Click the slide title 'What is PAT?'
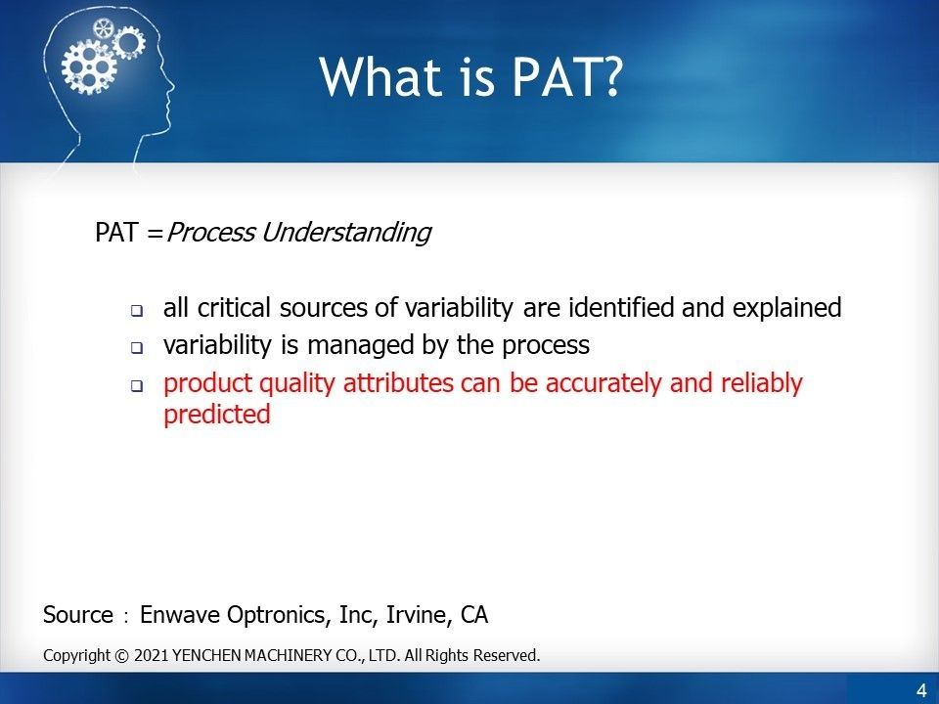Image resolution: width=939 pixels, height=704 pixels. (469, 76)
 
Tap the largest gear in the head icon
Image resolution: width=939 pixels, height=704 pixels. (82, 66)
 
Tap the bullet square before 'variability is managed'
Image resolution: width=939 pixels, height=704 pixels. (137, 348)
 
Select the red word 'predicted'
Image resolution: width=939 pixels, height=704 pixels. (216, 415)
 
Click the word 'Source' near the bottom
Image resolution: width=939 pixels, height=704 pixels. (78, 615)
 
